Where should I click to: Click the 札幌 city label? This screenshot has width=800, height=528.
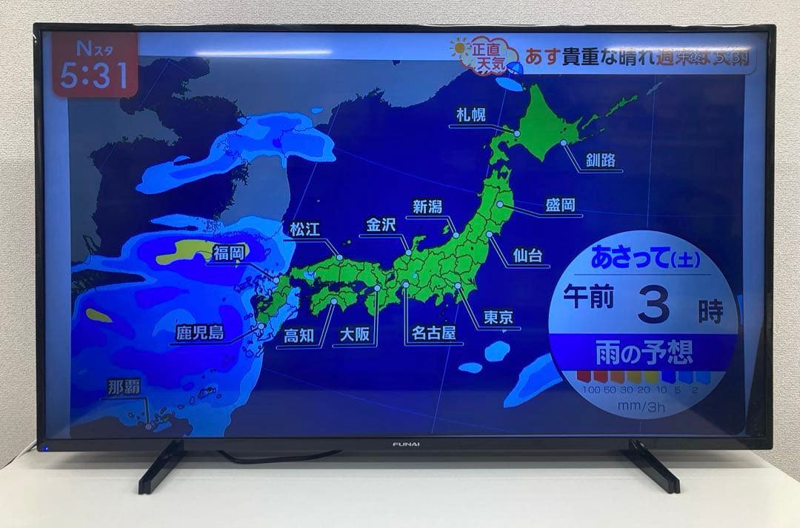point(471,116)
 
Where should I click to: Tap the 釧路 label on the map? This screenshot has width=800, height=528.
point(600,160)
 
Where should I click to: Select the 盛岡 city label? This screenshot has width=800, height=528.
point(560,205)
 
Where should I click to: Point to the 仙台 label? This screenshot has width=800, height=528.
point(527,255)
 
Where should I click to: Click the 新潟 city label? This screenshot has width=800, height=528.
point(427,207)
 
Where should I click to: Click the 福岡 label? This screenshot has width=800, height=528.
point(228,253)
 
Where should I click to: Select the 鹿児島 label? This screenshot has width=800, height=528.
point(199,332)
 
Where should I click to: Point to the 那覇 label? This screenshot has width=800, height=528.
point(123,387)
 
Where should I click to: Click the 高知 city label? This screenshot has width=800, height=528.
point(299,335)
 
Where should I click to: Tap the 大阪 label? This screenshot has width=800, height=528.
point(355,335)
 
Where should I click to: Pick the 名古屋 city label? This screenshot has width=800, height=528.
point(434,332)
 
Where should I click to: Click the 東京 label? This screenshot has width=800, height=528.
point(498,318)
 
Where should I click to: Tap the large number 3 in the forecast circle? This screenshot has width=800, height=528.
point(653,306)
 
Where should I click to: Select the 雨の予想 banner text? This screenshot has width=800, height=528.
point(643,353)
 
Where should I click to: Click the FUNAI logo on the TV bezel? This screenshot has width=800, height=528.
point(405,444)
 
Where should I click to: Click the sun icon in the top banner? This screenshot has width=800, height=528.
point(461,48)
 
